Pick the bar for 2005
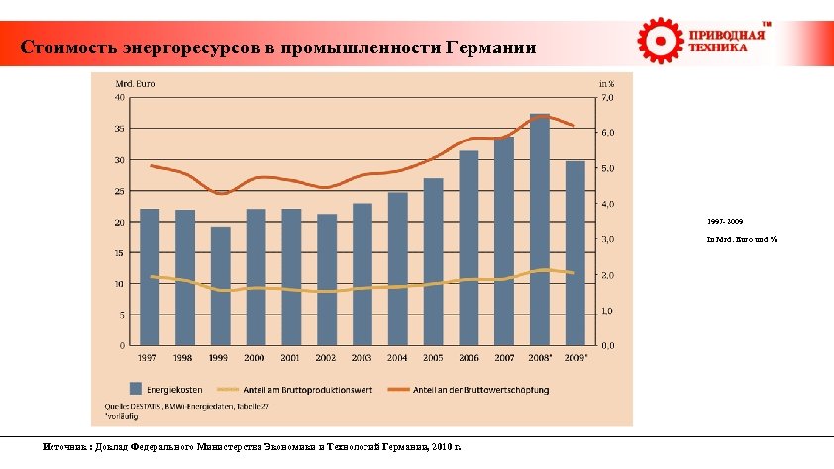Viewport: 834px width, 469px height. point(433,262)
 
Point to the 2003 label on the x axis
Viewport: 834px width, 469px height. point(362,357)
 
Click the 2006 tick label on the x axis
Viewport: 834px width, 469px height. point(469,357)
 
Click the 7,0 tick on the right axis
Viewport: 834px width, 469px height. point(607,98)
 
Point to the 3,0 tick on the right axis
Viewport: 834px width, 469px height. point(607,239)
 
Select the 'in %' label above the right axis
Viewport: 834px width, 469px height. point(606,84)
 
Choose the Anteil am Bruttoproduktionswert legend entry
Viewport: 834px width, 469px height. point(302,389)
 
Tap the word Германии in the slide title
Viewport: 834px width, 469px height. point(489,47)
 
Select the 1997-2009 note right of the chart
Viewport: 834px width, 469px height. point(725,222)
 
